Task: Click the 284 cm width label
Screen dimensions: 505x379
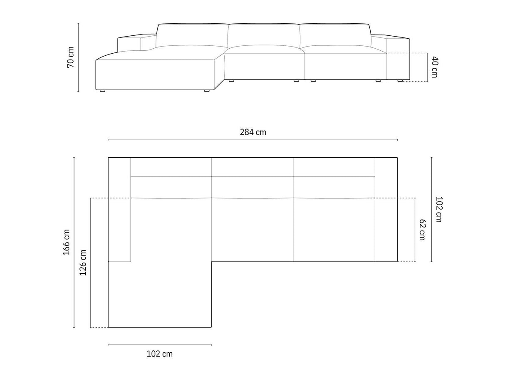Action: point(253,132)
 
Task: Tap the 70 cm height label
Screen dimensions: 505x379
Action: point(71,57)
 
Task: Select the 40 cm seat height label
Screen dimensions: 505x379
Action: point(434,67)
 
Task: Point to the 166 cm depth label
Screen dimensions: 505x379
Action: point(66,242)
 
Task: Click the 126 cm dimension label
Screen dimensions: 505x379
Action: point(83,263)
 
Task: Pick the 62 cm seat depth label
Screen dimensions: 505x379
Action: point(422,230)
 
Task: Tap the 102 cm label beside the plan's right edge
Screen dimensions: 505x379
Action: point(439,209)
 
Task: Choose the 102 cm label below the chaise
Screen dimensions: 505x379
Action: point(160,354)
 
